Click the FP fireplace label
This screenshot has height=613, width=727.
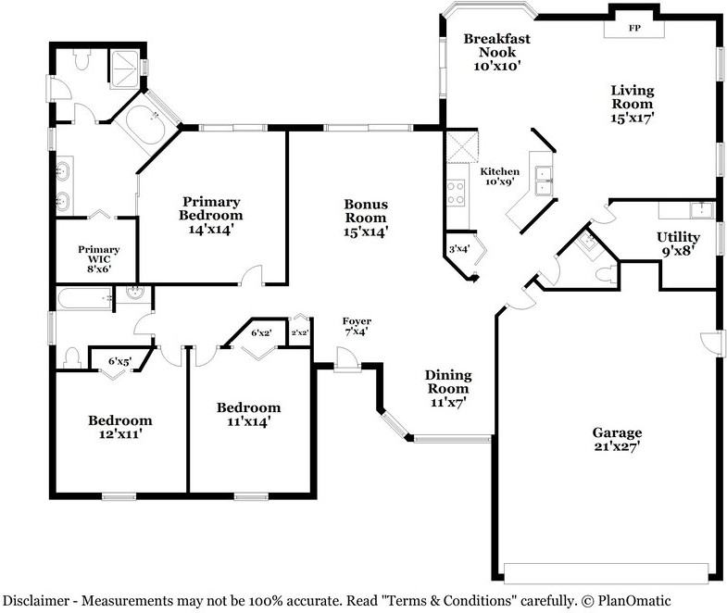click(634, 29)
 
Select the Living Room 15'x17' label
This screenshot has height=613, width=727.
click(632, 104)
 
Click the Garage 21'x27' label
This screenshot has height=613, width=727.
click(616, 439)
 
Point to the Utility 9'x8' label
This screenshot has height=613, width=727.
click(678, 243)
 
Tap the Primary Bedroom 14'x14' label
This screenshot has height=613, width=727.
click(211, 215)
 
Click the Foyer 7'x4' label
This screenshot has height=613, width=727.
click(357, 327)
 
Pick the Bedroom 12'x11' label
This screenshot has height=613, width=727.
click(119, 427)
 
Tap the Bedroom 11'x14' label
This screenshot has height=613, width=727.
click(248, 414)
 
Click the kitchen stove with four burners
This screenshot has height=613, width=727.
click(457, 192)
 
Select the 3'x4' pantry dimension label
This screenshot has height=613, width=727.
click(458, 248)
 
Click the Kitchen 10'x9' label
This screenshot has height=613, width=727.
click(499, 177)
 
